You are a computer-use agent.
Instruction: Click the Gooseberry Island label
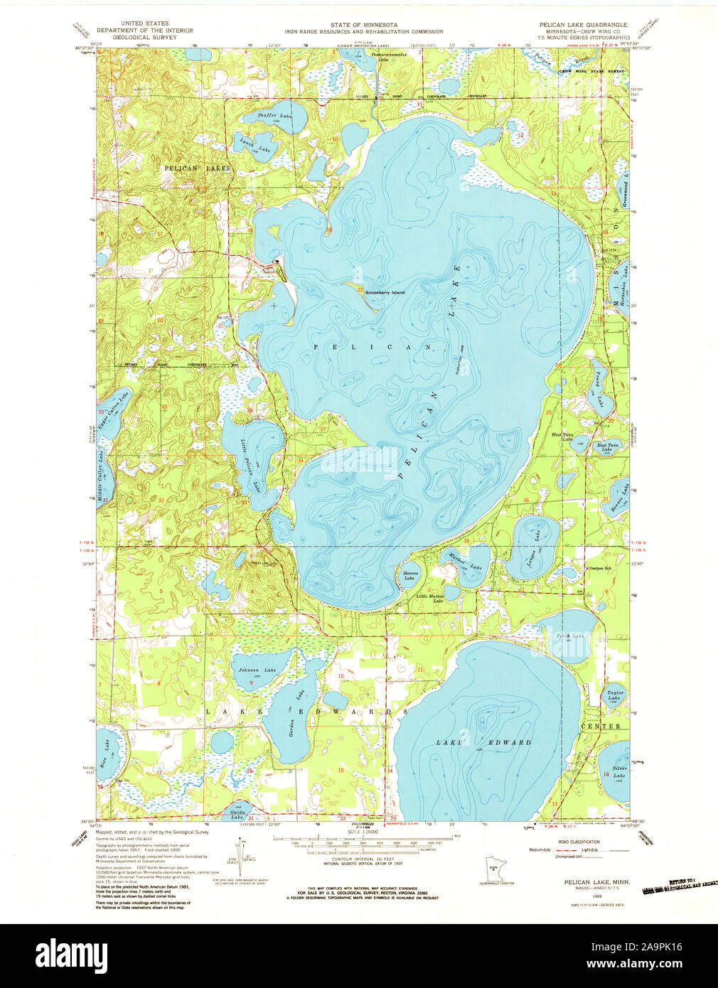coord(385,292)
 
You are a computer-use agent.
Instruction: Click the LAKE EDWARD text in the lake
coord(483,742)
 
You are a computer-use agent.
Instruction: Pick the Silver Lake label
coord(618,771)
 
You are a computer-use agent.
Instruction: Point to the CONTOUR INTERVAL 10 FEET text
coord(363,858)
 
